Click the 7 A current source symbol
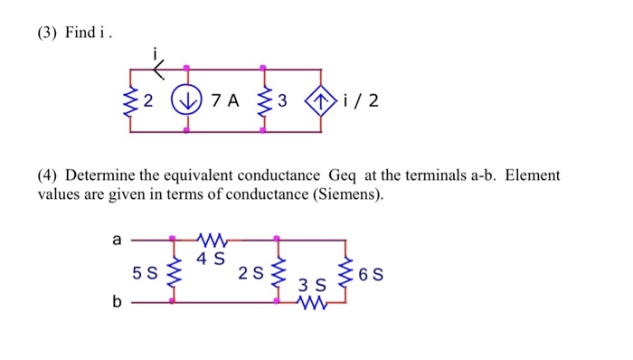pos(186,100)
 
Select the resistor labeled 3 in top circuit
pos(263,100)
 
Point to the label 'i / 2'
pos(362,100)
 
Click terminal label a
pos(116,240)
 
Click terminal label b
pos(116,303)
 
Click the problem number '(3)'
pos(48,33)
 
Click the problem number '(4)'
pos(48,175)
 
